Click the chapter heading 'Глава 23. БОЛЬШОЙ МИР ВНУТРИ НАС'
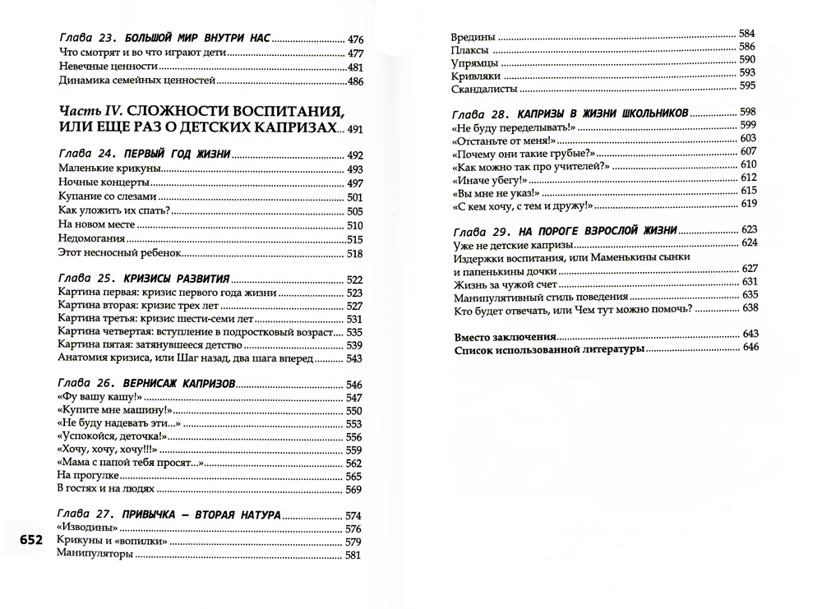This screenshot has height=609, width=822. [x=165, y=39]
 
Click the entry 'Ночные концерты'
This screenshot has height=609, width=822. [x=104, y=182]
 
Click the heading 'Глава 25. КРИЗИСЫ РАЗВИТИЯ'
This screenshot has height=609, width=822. [x=146, y=278]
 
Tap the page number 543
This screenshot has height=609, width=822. [x=354, y=358]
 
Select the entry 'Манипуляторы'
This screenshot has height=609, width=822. [x=95, y=556]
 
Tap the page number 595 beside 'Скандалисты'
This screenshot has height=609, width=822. [x=747, y=87]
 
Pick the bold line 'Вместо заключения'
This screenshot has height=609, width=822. [x=505, y=336]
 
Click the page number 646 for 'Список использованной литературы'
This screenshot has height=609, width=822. [x=747, y=349]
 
